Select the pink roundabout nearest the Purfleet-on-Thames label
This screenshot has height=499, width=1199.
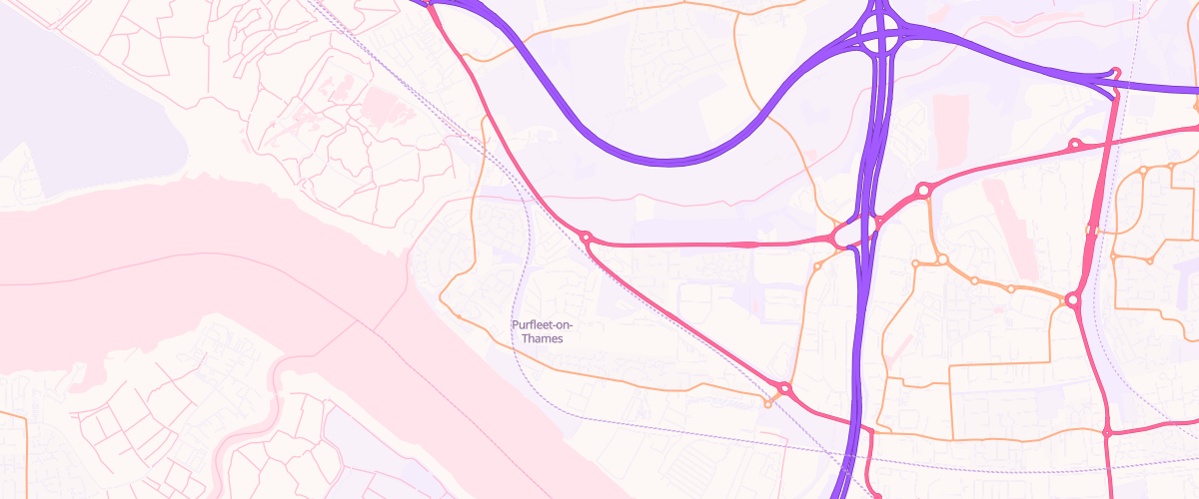[x=587, y=238]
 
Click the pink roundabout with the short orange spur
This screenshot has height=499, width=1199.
[x=784, y=388]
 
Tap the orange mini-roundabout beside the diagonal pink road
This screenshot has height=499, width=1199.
[x=767, y=403]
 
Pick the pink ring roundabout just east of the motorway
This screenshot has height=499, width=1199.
[x=923, y=190]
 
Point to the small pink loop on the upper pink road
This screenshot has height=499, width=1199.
[x=1074, y=145]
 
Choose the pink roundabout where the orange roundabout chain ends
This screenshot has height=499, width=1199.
[x=1072, y=299]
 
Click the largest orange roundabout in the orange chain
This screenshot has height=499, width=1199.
[x=942, y=259]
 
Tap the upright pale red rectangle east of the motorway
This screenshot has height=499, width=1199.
[x=950, y=117]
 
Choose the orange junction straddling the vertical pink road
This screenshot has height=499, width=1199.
[x=1092, y=233]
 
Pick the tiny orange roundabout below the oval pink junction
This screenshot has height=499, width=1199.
[x=817, y=266]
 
